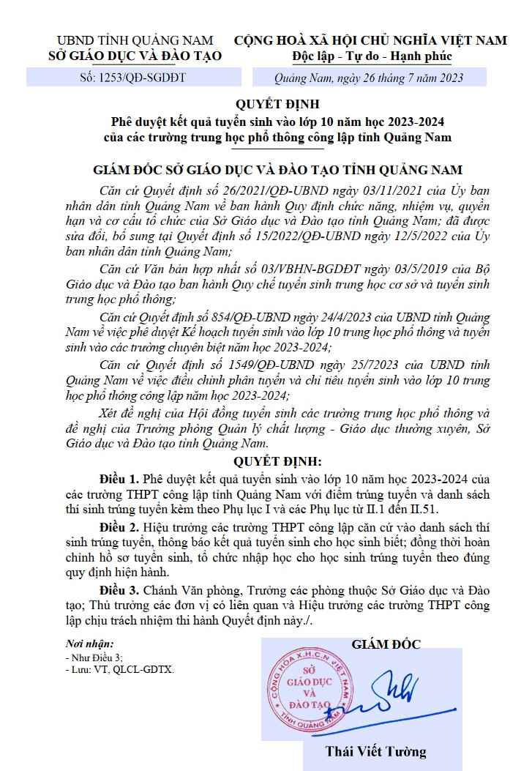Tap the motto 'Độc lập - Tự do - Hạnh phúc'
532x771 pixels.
pos(373,56)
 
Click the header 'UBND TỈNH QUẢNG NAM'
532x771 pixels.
pos(135,40)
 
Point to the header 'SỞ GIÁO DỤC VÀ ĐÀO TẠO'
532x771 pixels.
pos(135,56)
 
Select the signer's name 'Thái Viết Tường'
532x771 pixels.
pos(375,751)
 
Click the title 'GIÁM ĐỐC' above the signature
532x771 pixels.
pos(386,644)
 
